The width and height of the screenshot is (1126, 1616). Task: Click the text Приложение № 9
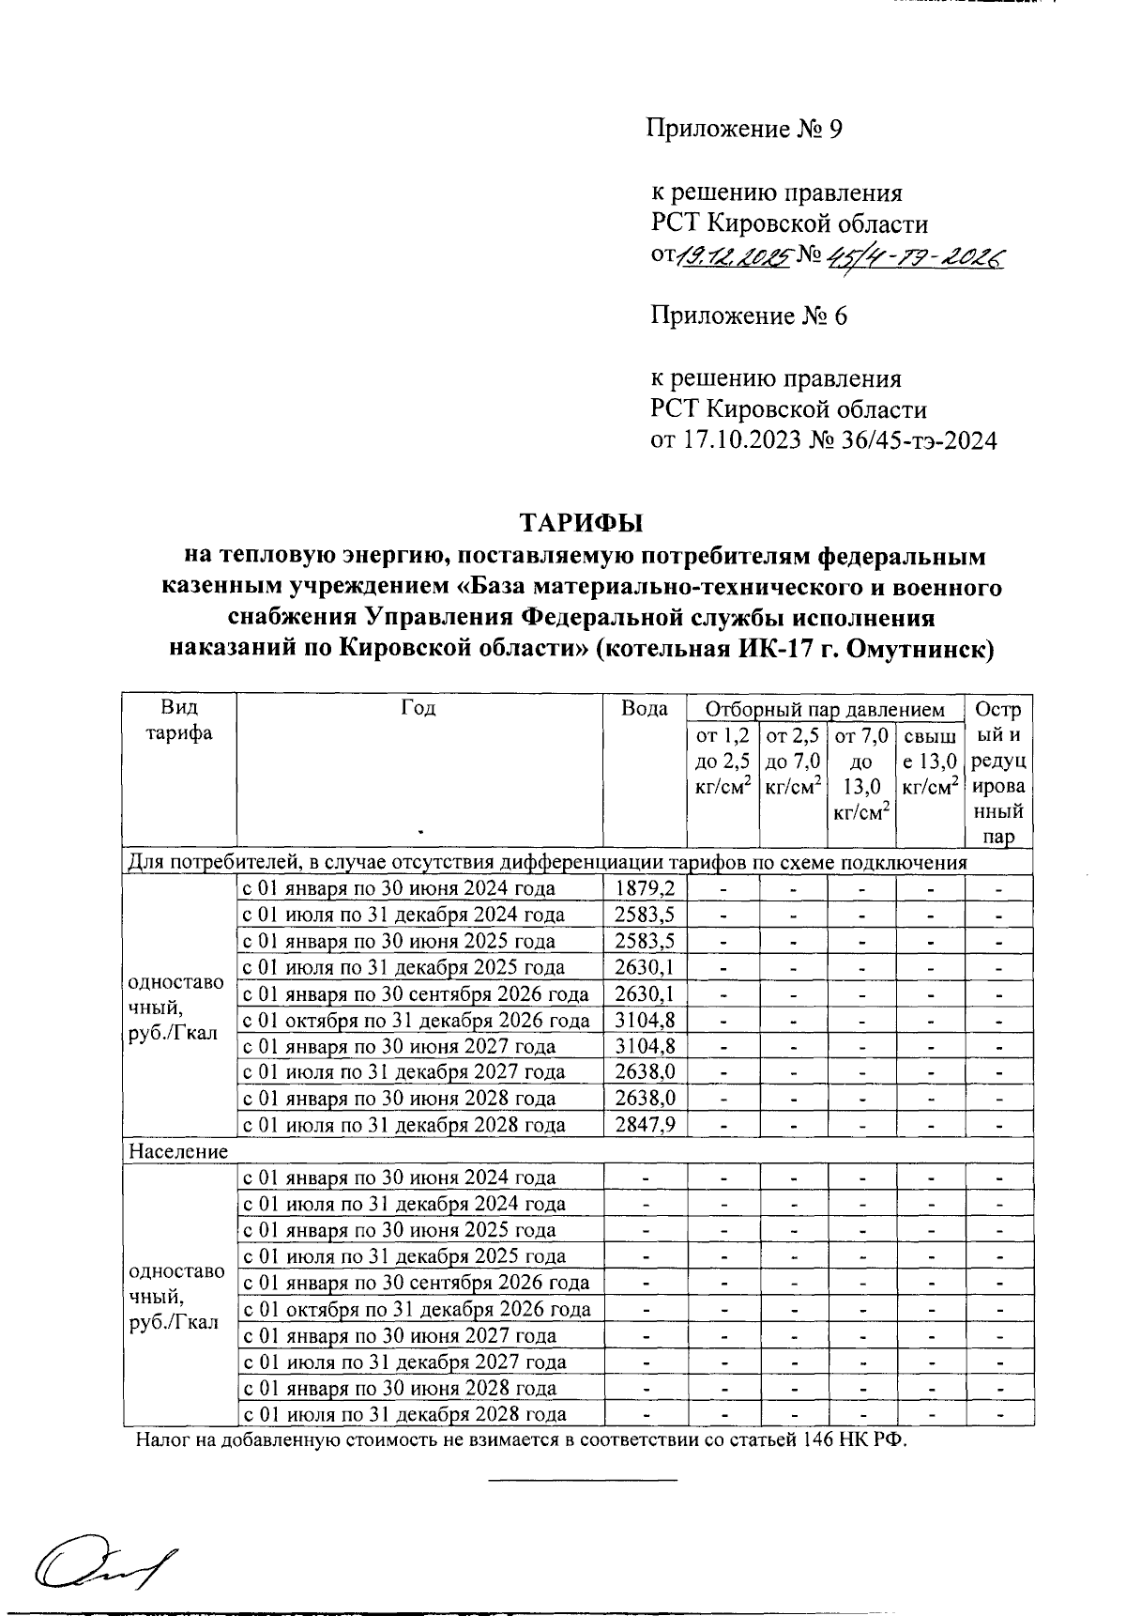coord(744,129)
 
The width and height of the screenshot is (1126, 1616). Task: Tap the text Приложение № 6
coord(749,316)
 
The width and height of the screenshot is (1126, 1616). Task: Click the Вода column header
coord(645,709)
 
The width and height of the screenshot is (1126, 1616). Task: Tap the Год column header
coord(418,708)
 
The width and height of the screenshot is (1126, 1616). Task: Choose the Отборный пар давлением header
coord(825,709)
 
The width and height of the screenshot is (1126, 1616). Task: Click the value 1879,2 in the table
coord(645,888)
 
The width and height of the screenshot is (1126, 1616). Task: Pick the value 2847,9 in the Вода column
coord(645,1125)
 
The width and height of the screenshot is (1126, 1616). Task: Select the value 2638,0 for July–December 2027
coord(645,1072)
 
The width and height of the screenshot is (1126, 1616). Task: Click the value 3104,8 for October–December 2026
coord(645,1020)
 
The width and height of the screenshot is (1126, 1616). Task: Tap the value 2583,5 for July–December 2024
coord(645,915)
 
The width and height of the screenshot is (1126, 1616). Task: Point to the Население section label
coord(178,1150)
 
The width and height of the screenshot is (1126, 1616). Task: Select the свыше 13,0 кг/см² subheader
coord(931,762)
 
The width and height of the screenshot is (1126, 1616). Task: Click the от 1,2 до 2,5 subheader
coord(722,762)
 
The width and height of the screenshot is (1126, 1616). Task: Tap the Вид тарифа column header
coord(178,720)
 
